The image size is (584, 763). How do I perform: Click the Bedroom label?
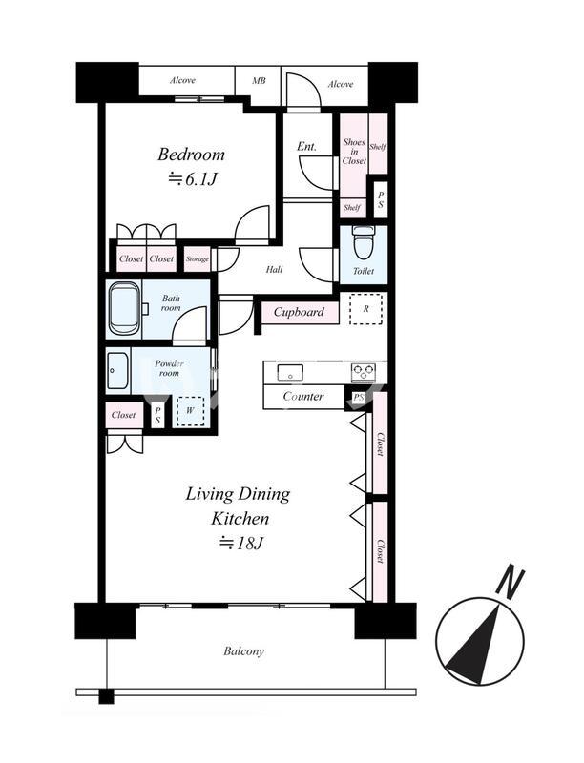coord(191,155)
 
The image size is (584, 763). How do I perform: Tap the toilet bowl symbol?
coord(362,243)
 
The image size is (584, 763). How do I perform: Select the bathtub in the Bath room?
coord(125,309)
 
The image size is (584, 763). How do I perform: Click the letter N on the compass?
coord(510,583)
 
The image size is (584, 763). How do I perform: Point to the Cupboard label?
coord(299,312)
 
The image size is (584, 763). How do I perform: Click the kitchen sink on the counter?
coord(290,372)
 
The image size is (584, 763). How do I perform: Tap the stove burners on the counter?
coord(363,372)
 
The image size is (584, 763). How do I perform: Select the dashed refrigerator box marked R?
coord(366,308)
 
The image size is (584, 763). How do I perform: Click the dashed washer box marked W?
coord(190,411)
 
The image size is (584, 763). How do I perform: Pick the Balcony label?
coord(244,651)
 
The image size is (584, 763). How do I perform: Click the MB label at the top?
coord(259,81)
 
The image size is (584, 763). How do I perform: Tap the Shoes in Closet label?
coord(354,152)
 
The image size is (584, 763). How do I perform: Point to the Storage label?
coord(198,259)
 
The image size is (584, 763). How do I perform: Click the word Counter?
coord(303,396)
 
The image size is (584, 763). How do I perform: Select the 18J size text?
coord(241,543)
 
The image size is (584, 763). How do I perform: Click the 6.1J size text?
coord(192,179)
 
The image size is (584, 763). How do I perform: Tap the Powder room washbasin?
coord(117,371)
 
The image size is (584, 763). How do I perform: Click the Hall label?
coord(274,270)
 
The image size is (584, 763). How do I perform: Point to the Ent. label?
coord(306,146)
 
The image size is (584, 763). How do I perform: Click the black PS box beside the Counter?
coord(358,398)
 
